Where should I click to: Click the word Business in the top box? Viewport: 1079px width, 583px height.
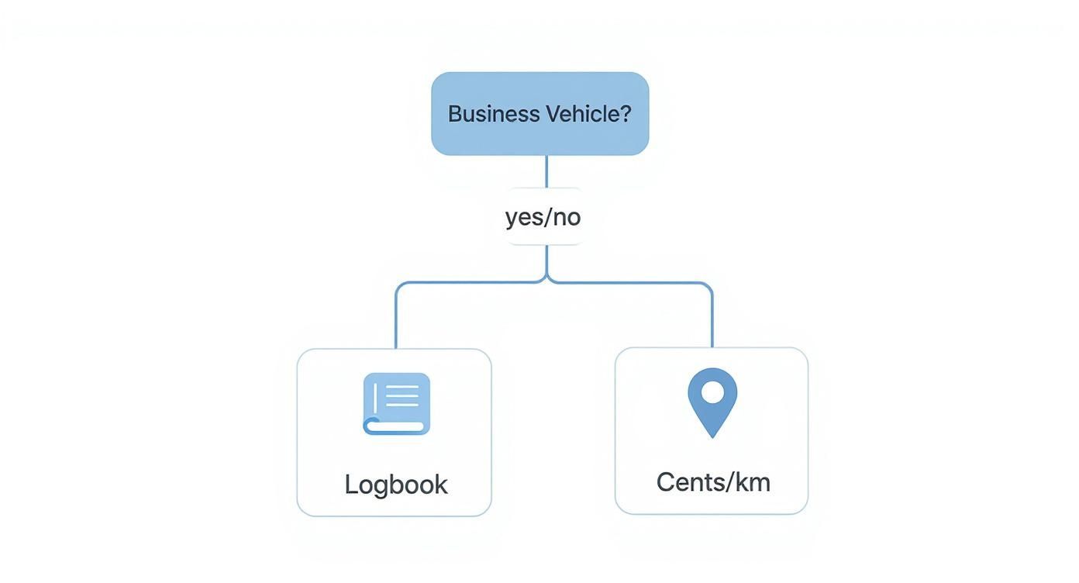point(493,114)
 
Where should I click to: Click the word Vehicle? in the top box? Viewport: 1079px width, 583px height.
point(588,114)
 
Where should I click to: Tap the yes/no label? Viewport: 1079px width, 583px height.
point(543,217)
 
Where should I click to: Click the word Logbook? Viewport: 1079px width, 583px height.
point(395,485)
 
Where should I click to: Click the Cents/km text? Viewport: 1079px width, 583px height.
point(713,482)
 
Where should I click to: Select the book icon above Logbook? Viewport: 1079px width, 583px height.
point(396,404)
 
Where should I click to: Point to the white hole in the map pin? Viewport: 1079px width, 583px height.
point(712,392)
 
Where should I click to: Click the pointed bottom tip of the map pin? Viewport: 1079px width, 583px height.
point(712,436)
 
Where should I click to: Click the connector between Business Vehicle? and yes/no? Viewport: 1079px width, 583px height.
point(546,171)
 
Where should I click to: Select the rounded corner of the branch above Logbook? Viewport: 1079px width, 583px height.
point(399,286)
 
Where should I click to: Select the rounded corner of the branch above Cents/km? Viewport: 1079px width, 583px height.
point(708,286)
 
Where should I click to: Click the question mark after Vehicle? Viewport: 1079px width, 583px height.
point(626,114)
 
